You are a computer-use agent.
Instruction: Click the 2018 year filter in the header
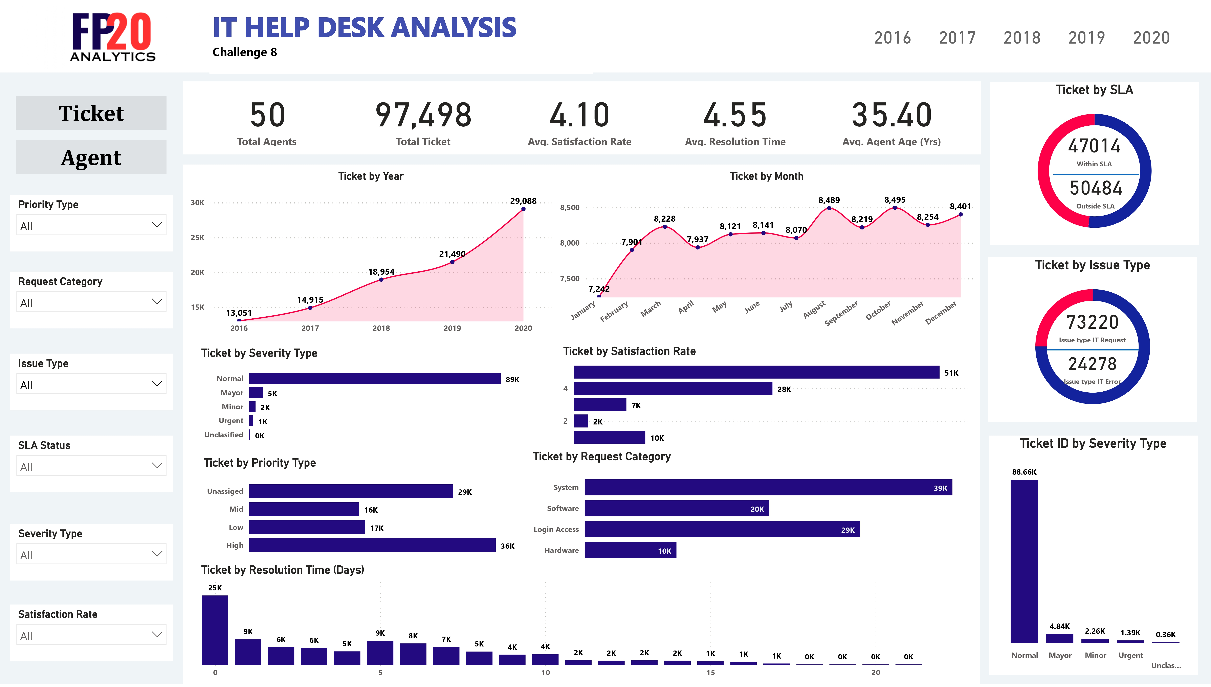1022,38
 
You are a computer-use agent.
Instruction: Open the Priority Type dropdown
91,225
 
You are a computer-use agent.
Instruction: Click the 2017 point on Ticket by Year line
310,308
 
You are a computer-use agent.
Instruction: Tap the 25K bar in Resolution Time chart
215,630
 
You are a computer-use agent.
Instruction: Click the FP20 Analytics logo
112,37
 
